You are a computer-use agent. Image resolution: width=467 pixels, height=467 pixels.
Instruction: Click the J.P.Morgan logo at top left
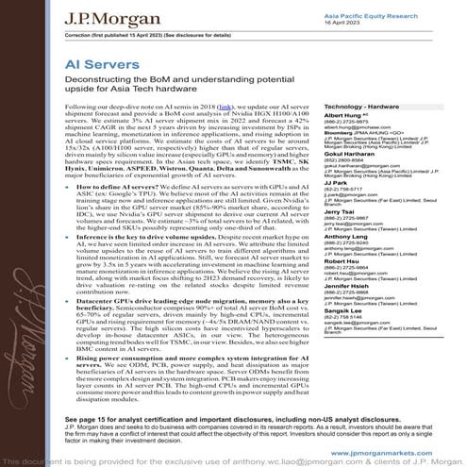point(76,14)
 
